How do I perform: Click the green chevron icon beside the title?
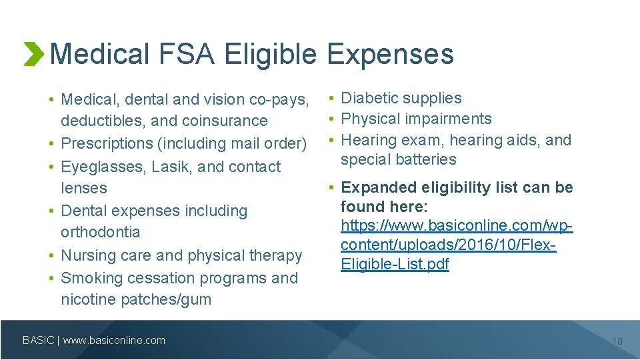tap(33, 54)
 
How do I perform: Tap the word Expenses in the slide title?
tap(390, 54)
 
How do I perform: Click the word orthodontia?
tap(101, 232)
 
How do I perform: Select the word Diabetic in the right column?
tap(369, 98)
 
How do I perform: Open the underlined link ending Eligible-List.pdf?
tap(395, 264)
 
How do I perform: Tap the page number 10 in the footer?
tap(617, 341)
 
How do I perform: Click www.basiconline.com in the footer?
tap(114, 340)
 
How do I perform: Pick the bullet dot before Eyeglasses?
tap(51, 167)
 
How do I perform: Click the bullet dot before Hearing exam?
tap(331, 140)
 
